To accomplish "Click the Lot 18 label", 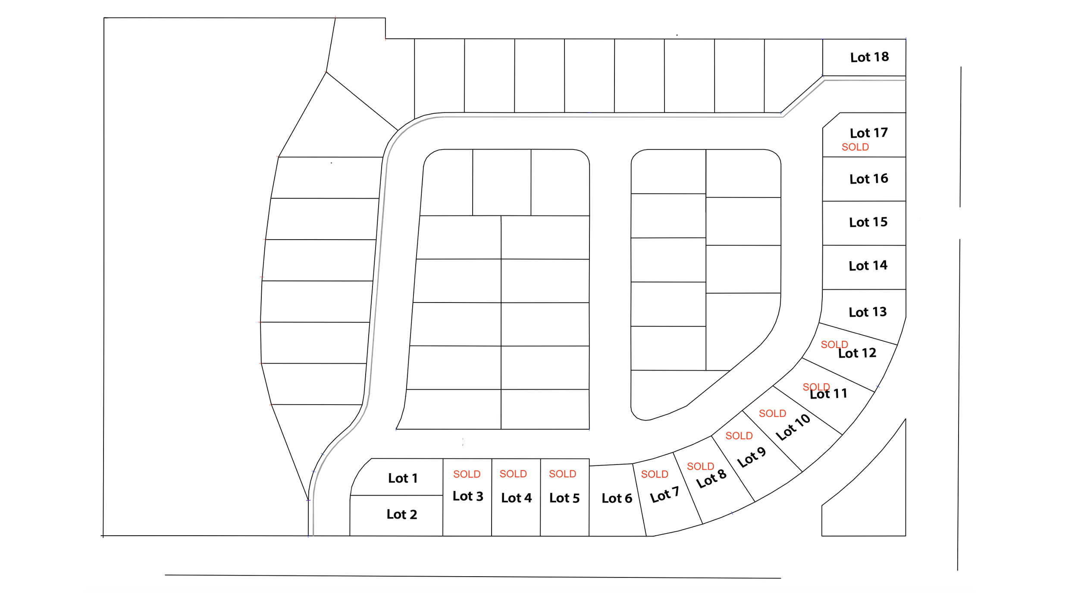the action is coord(869,57).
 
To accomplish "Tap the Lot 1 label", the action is coord(402,478).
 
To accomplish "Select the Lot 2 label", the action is coord(401,514).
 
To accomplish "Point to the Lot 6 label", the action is coord(617,498).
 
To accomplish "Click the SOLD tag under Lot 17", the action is coord(855,147).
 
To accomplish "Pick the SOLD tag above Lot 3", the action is coord(467,474).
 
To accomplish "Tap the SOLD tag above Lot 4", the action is coord(513,474).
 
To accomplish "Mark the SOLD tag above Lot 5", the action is coord(562,474).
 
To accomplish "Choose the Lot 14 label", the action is coord(868,265).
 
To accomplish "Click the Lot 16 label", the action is coord(868,179).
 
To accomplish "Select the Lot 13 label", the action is coord(867,312).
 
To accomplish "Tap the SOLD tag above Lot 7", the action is coord(654,474).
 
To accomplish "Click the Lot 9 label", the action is coord(751,457).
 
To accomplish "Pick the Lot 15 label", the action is coord(868,222).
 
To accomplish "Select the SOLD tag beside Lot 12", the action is coord(834,344).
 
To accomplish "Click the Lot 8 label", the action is coord(711,479).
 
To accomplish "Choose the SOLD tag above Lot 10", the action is coord(772,413).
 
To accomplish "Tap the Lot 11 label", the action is coord(828,394).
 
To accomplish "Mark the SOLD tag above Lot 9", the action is coord(739,436).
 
